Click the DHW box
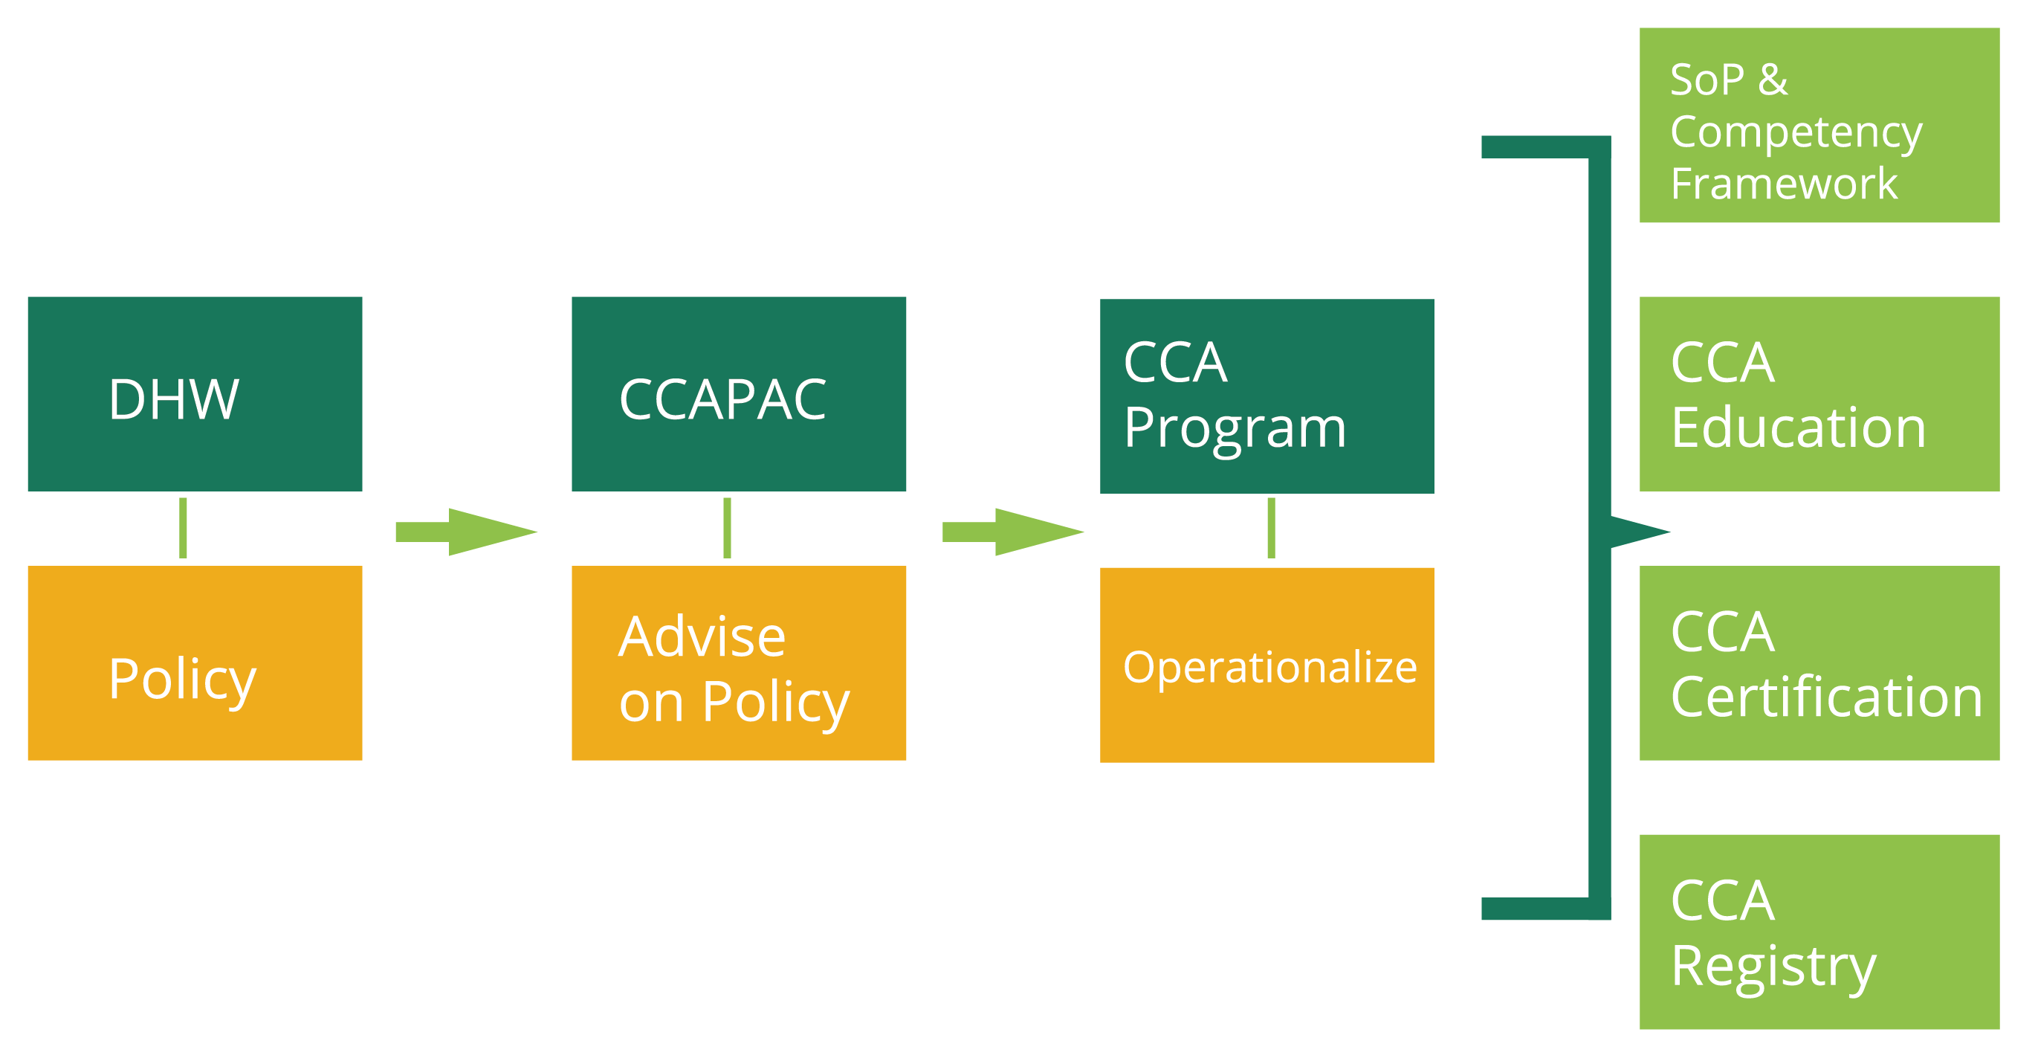195,394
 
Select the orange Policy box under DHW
195,663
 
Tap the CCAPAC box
739,394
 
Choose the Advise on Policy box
739,663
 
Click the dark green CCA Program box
1267,396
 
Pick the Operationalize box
1267,665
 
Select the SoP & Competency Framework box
1819,125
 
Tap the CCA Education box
1819,394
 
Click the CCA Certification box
1819,663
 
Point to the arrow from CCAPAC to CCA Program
1012,532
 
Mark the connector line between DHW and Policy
184,528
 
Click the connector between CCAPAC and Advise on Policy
727,528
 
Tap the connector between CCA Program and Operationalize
1270,528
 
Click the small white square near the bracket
1548,538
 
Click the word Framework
1783,184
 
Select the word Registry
1773,967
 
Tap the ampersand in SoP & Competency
1773,79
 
